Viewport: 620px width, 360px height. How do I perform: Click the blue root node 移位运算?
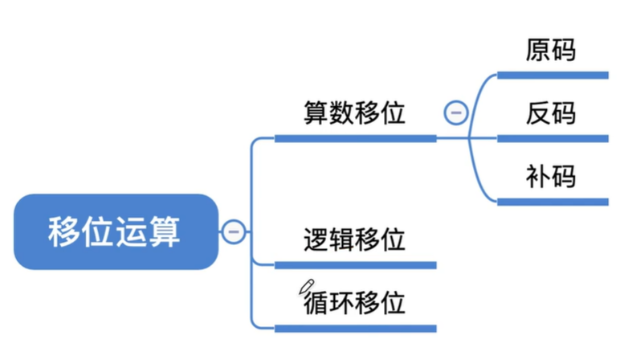[115, 231]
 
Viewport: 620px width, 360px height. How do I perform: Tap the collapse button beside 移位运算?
[234, 231]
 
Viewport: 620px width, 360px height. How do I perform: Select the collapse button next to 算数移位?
[455, 112]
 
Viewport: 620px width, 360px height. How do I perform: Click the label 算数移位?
[354, 112]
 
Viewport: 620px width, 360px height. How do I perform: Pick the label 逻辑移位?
[354, 239]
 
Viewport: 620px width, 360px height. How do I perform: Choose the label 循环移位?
[354, 302]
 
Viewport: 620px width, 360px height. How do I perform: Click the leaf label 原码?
[551, 50]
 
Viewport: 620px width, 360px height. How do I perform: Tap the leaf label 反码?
[551, 112]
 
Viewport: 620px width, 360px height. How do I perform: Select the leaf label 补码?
[551, 176]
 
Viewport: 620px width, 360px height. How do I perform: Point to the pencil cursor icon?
[305, 287]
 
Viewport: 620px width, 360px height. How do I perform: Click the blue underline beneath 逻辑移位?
[355, 265]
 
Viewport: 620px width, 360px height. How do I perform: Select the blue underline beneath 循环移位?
[355, 328]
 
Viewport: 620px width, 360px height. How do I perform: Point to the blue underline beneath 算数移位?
[355, 138]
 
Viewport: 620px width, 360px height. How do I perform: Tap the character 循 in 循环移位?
[316, 303]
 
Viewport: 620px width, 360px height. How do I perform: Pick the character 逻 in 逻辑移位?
[316, 239]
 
